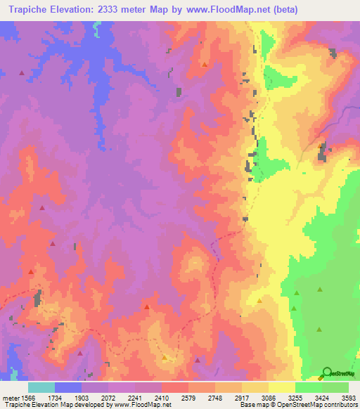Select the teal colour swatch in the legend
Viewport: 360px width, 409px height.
click(x=41, y=387)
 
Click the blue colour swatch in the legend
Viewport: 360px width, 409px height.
click(x=68, y=387)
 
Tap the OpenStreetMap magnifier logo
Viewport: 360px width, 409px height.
click(x=328, y=372)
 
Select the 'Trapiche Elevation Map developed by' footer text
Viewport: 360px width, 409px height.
click(x=49, y=405)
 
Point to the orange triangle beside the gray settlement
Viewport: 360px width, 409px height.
click(x=322, y=145)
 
